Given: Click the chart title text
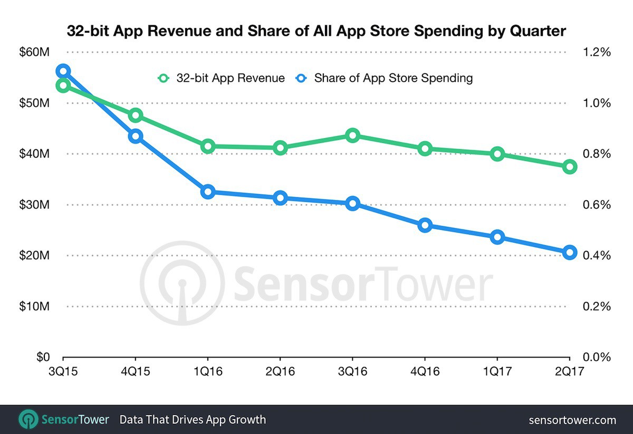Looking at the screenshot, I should (316, 31).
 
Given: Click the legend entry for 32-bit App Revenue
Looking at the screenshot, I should (222, 78).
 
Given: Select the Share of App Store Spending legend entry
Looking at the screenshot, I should (385, 78).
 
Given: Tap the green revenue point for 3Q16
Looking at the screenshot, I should (353, 136).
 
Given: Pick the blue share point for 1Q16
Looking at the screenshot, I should (208, 192).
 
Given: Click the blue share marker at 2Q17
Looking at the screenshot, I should (569, 253).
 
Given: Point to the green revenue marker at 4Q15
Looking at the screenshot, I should (136, 115).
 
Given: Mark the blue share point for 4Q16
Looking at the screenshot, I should (425, 226).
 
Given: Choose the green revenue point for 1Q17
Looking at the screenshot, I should (497, 154).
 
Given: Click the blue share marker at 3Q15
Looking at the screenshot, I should (63, 71).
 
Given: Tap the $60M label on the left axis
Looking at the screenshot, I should (35, 52).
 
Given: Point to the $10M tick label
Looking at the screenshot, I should (35, 306).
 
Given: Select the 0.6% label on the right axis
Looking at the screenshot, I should (596, 205).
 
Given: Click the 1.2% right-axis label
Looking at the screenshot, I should (596, 52).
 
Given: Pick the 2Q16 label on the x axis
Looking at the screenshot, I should (280, 371).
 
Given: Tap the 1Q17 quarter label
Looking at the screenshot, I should (497, 371).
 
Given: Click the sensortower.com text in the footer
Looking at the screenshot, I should (572, 420).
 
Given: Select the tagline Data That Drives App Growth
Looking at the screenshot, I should (193, 420).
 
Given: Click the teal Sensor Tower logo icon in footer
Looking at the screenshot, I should (27, 420).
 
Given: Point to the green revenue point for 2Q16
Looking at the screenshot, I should (280, 148).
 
